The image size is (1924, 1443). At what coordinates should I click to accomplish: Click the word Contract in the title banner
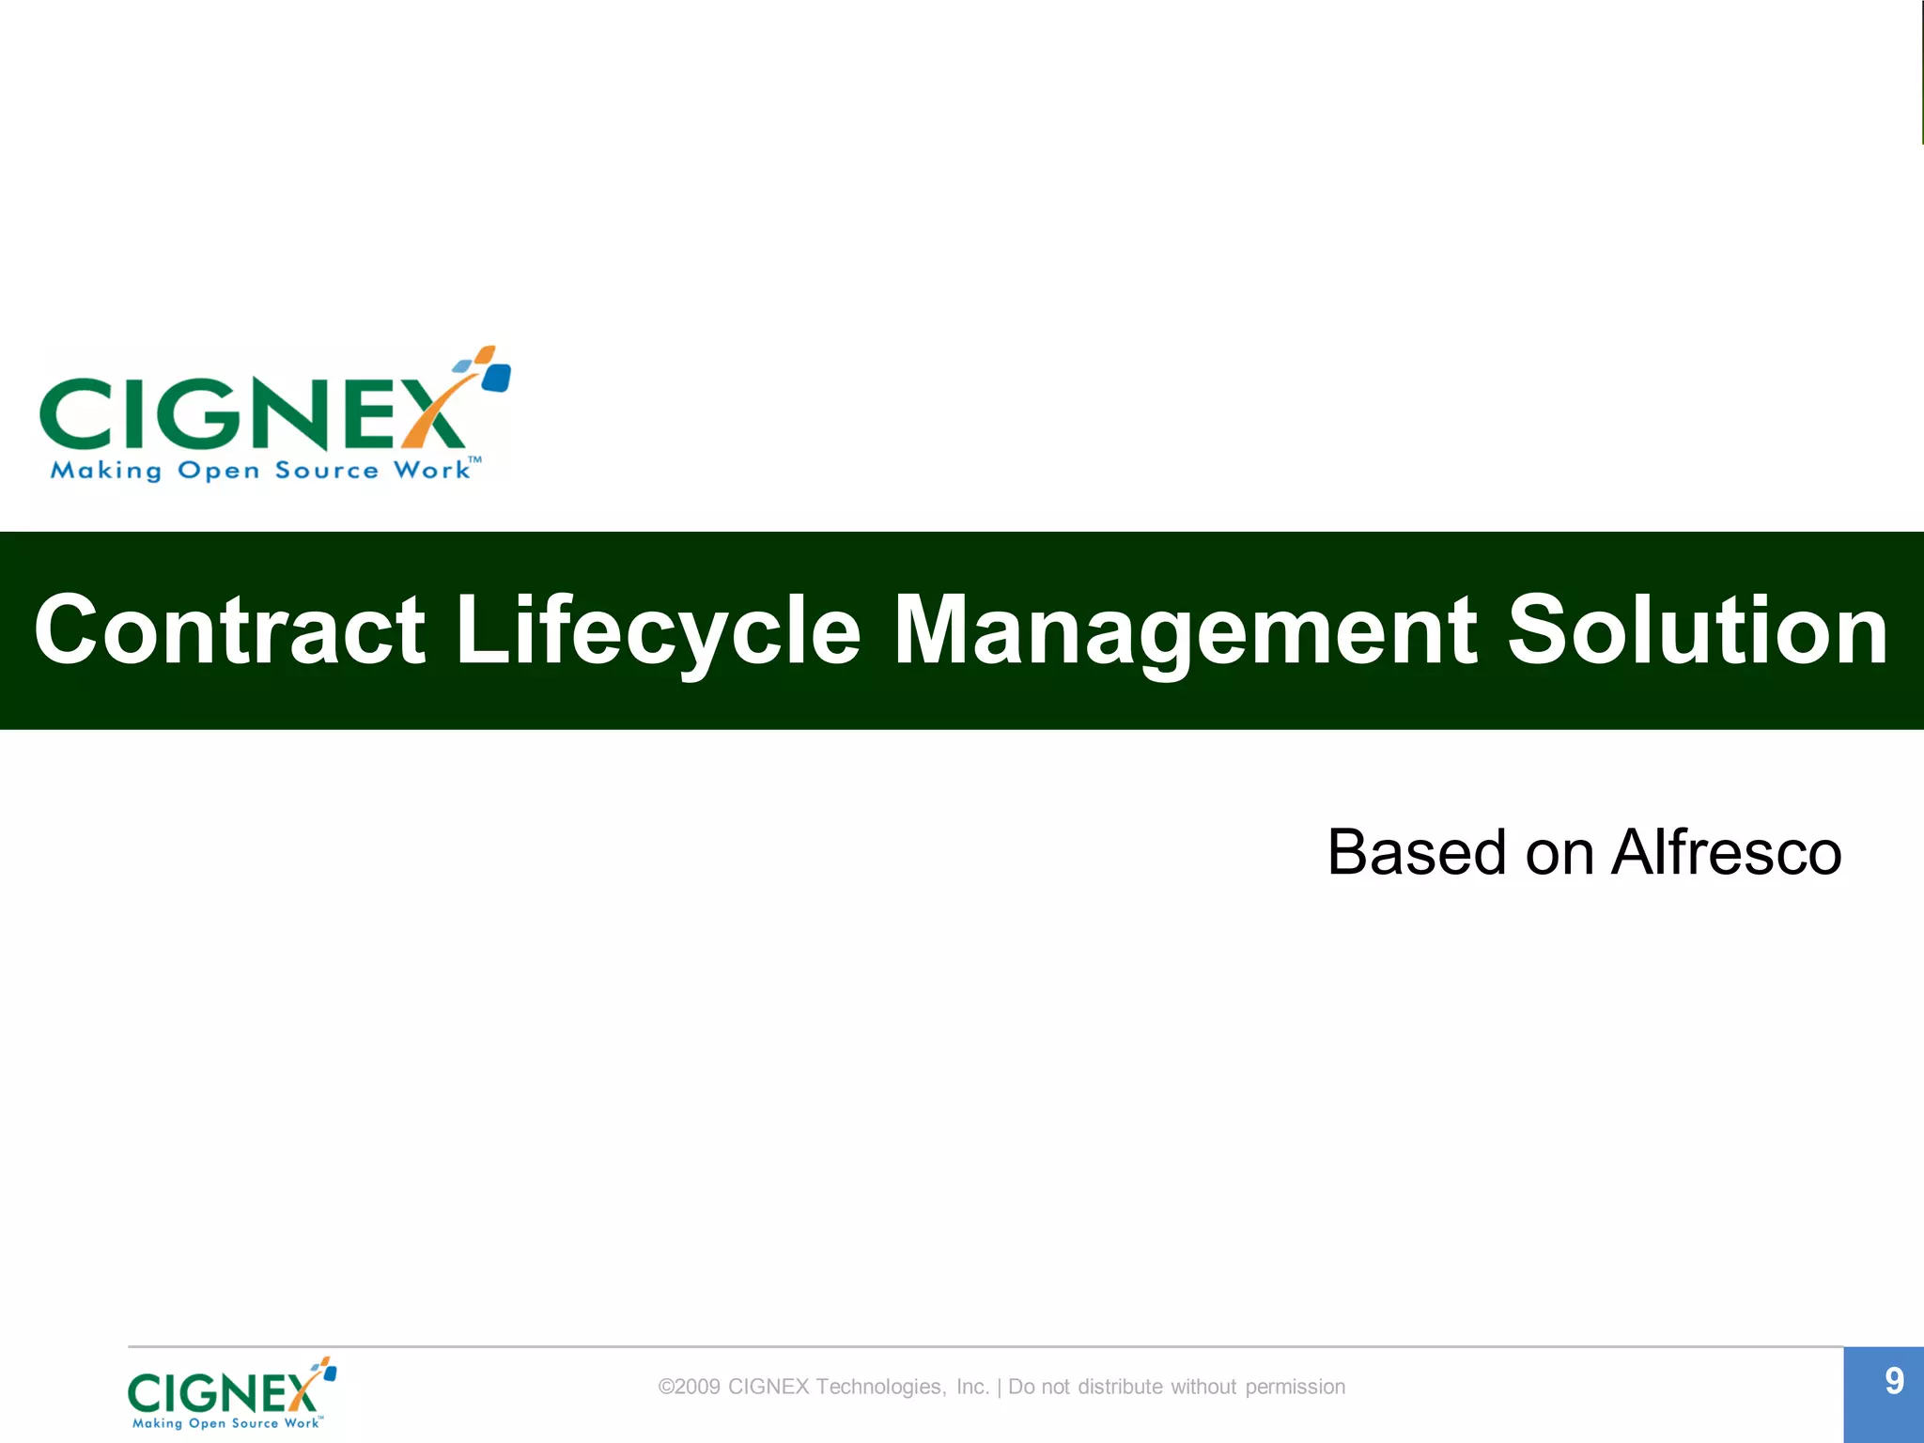pyautogui.click(x=229, y=630)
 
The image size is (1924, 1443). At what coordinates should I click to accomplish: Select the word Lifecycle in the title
pyautogui.click(x=658, y=630)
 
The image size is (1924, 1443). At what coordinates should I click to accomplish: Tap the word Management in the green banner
pyautogui.click(x=1185, y=630)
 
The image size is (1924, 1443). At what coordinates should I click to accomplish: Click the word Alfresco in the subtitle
pyautogui.click(x=1726, y=853)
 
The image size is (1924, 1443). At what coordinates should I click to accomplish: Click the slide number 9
pyautogui.click(x=1894, y=1381)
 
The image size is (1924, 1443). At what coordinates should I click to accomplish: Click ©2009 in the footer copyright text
pyautogui.click(x=690, y=1387)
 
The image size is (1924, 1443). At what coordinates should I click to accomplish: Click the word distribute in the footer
pyautogui.click(x=1120, y=1387)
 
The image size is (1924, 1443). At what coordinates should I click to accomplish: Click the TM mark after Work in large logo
pyautogui.click(x=475, y=460)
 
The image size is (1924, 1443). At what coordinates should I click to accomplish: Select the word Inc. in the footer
pyautogui.click(x=972, y=1387)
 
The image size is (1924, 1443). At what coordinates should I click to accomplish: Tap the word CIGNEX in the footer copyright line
pyautogui.click(x=768, y=1387)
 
